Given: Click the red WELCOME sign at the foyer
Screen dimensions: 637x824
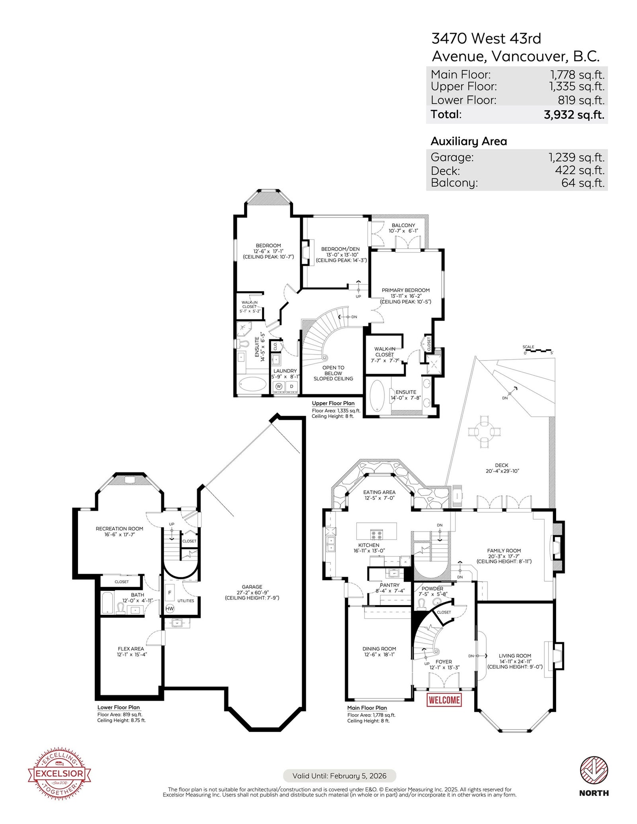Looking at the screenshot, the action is tap(444, 700).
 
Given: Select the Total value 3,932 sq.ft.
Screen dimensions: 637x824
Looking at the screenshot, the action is tap(574, 115).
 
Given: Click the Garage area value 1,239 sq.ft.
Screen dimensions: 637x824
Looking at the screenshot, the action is tap(577, 157).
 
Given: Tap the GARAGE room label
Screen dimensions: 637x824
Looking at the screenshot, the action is tap(252, 586).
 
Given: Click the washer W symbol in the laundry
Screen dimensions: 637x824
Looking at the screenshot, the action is tap(279, 386).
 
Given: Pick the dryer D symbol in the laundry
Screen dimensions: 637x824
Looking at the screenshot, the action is tap(292, 386).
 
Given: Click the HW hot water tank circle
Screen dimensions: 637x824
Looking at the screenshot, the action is tap(170, 608).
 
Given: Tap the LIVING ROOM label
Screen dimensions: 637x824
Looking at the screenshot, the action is tap(515, 656).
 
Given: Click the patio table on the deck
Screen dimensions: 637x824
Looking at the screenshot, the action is tap(485, 431).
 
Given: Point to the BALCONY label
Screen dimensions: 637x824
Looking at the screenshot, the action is tap(403, 225).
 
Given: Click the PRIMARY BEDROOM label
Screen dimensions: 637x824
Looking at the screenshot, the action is tap(406, 290).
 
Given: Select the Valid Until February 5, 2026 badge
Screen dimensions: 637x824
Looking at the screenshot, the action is tap(340, 775).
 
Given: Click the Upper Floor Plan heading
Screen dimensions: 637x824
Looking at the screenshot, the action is tap(333, 403).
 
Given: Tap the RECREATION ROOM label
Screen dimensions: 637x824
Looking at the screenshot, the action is tap(119, 529).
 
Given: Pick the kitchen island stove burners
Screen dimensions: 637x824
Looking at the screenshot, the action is tap(377, 534).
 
